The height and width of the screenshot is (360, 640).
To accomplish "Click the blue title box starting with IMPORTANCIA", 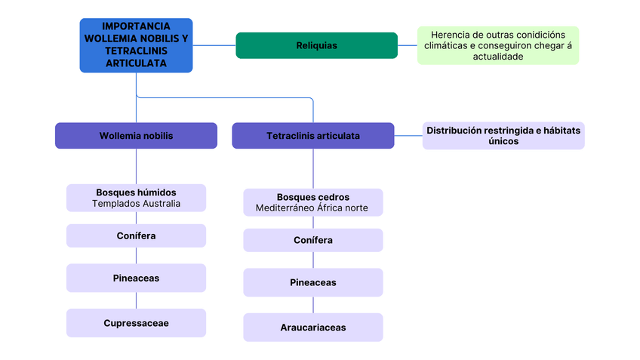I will point(136,45).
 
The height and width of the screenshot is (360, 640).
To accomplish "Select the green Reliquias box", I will point(316,45).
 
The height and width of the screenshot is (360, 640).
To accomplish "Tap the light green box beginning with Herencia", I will point(498,45).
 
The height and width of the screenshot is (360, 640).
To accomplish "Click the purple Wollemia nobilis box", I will point(136,136).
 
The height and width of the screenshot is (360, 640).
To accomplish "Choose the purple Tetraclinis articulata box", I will point(312,136).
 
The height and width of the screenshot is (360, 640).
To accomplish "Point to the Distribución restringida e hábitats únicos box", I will point(503,136).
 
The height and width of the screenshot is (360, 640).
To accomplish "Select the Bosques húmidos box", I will point(136,198).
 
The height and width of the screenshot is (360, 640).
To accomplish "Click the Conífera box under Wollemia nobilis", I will point(136,236).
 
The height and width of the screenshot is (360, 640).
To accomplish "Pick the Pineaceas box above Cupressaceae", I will point(136,278).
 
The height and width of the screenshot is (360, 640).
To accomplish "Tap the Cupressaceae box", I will point(136,323).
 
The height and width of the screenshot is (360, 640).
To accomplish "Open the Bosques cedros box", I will point(312,202).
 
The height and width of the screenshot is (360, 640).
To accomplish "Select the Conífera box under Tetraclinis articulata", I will point(312,240).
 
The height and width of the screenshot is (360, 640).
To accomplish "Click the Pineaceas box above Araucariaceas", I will point(312,282).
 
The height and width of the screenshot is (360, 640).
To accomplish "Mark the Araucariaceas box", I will point(312,328).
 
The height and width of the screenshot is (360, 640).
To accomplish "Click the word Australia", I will point(162,204).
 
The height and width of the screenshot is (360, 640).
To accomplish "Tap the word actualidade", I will point(498,57).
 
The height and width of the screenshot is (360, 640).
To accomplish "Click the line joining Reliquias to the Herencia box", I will point(408,45).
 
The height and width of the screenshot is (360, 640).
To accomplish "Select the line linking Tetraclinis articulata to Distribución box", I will point(408,136).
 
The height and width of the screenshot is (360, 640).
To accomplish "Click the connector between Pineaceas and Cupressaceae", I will point(136,300).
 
